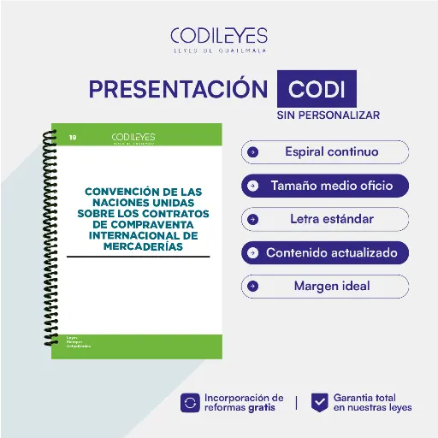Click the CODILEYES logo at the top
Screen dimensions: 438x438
coord(218,36)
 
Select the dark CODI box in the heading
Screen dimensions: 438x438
coord(317,90)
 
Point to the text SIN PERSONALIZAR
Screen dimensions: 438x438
coord(328,115)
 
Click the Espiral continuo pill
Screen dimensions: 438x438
coord(325,152)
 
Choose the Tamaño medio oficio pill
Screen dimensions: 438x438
coord(325,186)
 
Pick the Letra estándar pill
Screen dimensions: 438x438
coord(325,219)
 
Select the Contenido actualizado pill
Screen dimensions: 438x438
coord(325,252)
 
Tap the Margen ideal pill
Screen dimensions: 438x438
coord(325,286)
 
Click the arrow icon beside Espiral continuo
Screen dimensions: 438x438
coord(253,152)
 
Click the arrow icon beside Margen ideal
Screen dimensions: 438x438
coord(253,286)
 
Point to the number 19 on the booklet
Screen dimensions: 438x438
coord(72,136)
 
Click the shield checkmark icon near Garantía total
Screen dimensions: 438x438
coord(319,402)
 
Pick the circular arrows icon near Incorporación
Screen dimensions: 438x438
coord(190,402)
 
